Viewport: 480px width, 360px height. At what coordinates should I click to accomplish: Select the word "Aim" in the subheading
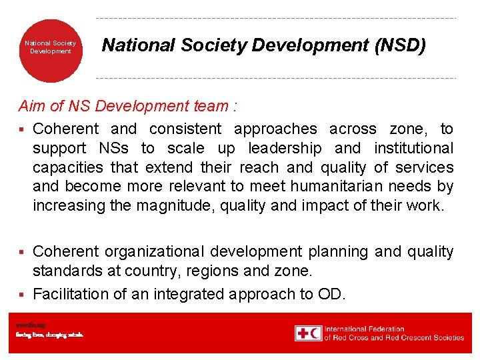[x=31, y=106]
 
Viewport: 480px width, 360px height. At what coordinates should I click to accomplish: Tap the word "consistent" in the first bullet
[x=186, y=129]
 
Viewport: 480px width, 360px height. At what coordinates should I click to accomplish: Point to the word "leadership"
[x=284, y=148]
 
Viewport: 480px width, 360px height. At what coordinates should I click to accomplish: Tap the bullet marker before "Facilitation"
[x=21, y=295]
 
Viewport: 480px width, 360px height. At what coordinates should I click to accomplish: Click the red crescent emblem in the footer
[x=315, y=333]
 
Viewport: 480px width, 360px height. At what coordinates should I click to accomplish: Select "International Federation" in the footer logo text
[x=364, y=329]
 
